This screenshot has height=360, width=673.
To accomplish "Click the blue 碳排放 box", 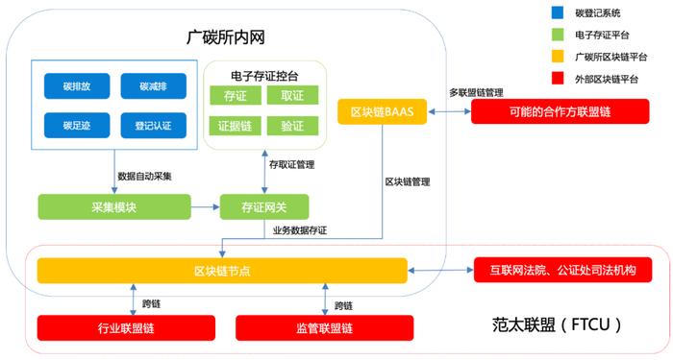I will coord(76,86).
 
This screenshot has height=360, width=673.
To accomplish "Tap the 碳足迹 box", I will coord(76,125).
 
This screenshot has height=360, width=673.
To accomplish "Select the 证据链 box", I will coord(235,126).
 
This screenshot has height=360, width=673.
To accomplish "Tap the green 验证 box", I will coord(292,126).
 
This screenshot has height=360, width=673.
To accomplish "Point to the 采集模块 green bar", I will coord(113,205).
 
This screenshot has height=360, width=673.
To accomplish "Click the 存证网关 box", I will coord(265,205).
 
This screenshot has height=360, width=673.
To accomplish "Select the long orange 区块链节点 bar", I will coord(222,271).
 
